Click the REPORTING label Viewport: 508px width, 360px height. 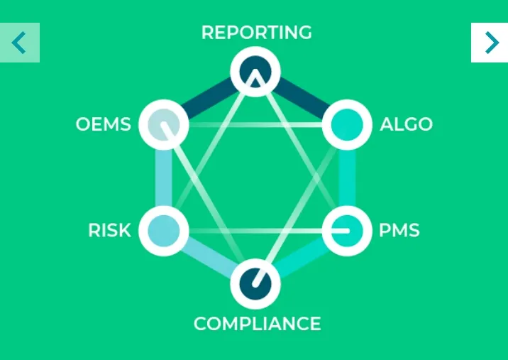pyautogui.click(x=257, y=33)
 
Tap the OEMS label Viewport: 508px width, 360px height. pyautogui.click(x=104, y=124)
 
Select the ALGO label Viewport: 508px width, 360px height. pyautogui.click(x=406, y=124)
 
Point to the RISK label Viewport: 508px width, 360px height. pyautogui.click(x=109, y=230)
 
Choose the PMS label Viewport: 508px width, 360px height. pyautogui.click(x=399, y=230)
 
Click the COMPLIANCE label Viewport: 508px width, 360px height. pyautogui.click(x=258, y=324)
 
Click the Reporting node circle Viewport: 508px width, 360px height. pyautogui.click(x=255, y=72)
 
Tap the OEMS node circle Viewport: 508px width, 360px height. pyautogui.click(x=164, y=124)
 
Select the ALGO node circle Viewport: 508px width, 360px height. pyautogui.click(x=347, y=124)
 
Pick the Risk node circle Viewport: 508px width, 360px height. pyautogui.click(x=164, y=231)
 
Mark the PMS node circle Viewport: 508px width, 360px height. pyautogui.click(x=347, y=231)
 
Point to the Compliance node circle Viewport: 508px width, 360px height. pyautogui.click(x=255, y=284)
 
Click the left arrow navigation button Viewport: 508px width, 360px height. pyautogui.click(x=20, y=43)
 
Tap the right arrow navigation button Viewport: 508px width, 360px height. pyautogui.click(x=490, y=43)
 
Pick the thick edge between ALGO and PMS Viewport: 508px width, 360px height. pyautogui.click(x=347, y=178)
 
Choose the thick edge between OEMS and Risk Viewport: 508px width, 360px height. pyautogui.click(x=164, y=178)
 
